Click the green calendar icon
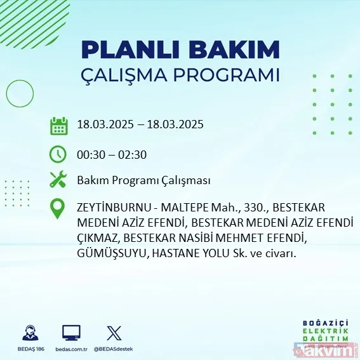pyautogui.click(x=58, y=125)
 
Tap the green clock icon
pyautogui.click(x=58, y=154)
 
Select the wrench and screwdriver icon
pyautogui.click(x=58, y=180)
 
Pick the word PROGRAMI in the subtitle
pyautogui.click(x=230, y=74)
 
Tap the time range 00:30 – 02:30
pyautogui.click(x=112, y=154)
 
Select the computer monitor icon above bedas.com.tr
pyautogui.click(x=70, y=332)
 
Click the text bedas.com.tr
pyautogui.click(x=70, y=349)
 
